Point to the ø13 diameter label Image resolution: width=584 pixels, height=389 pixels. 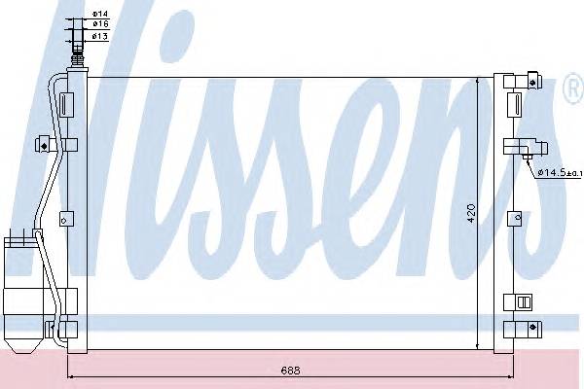coord(99,37)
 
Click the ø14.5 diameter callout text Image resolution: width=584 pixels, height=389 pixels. coord(557,173)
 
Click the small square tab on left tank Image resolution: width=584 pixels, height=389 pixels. coord(64,216)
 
